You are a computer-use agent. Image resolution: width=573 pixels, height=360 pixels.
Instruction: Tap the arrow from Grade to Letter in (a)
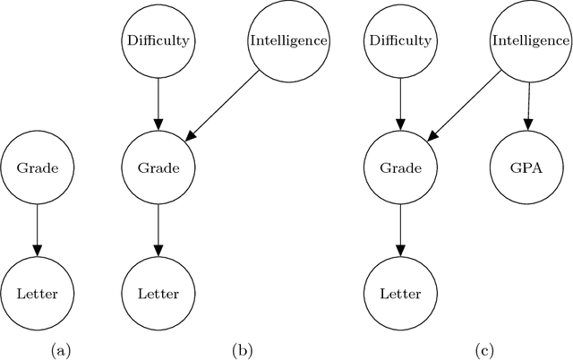pos(37,230)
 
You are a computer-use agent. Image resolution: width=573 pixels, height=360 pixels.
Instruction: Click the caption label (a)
pos(61,351)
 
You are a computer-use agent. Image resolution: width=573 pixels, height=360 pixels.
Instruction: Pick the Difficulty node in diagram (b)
pos(158,40)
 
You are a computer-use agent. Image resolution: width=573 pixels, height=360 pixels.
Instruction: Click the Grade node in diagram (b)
pos(158,167)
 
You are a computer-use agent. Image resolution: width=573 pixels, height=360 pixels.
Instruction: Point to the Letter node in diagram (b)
pos(158,293)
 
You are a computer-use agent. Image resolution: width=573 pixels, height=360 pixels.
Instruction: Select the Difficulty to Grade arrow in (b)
pos(158,104)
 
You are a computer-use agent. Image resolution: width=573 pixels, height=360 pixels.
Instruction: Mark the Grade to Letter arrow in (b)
pos(158,230)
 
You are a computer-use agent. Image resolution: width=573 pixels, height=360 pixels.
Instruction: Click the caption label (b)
pos(244,351)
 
